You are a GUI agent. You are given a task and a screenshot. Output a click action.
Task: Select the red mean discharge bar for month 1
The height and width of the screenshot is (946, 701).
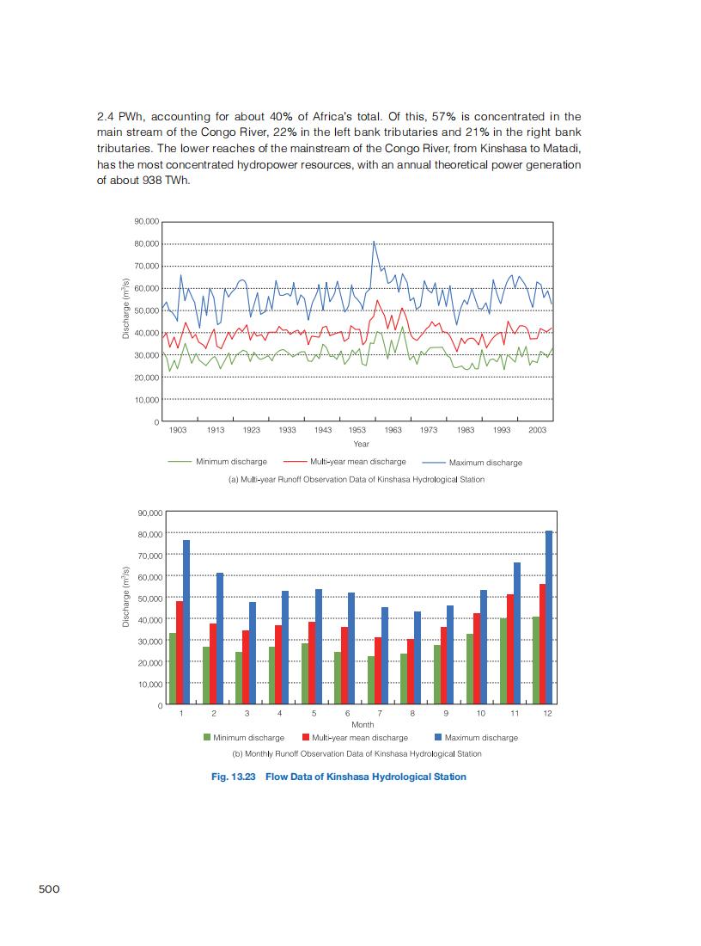click(x=180, y=653)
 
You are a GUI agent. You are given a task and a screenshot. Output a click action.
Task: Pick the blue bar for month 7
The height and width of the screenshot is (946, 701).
click(x=384, y=656)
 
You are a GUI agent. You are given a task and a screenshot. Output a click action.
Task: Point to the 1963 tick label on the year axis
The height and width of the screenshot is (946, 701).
click(x=393, y=429)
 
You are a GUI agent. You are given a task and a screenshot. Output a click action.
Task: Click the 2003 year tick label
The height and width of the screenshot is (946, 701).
click(x=538, y=429)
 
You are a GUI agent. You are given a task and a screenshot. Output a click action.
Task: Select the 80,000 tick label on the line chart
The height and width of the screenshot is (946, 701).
click(x=147, y=244)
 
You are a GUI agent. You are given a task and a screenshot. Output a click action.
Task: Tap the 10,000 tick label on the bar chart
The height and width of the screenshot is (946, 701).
click(x=150, y=684)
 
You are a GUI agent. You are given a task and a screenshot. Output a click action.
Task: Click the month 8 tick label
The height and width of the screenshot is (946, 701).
click(x=412, y=714)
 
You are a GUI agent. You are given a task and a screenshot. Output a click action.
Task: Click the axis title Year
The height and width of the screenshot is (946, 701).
click(x=361, y=444)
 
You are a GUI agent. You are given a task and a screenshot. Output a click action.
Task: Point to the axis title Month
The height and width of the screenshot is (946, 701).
click(x=363, y=725)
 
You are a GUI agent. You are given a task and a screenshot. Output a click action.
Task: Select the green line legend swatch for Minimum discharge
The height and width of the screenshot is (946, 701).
click(x=180, y=462)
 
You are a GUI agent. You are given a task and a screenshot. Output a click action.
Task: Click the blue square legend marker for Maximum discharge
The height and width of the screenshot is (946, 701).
click(x=437, y=737)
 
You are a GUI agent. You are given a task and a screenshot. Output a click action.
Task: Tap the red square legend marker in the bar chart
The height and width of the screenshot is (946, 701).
click(x=306, y=737)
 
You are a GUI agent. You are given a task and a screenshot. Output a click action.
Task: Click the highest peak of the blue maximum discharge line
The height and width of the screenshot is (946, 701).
click(x=373, y=242)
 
